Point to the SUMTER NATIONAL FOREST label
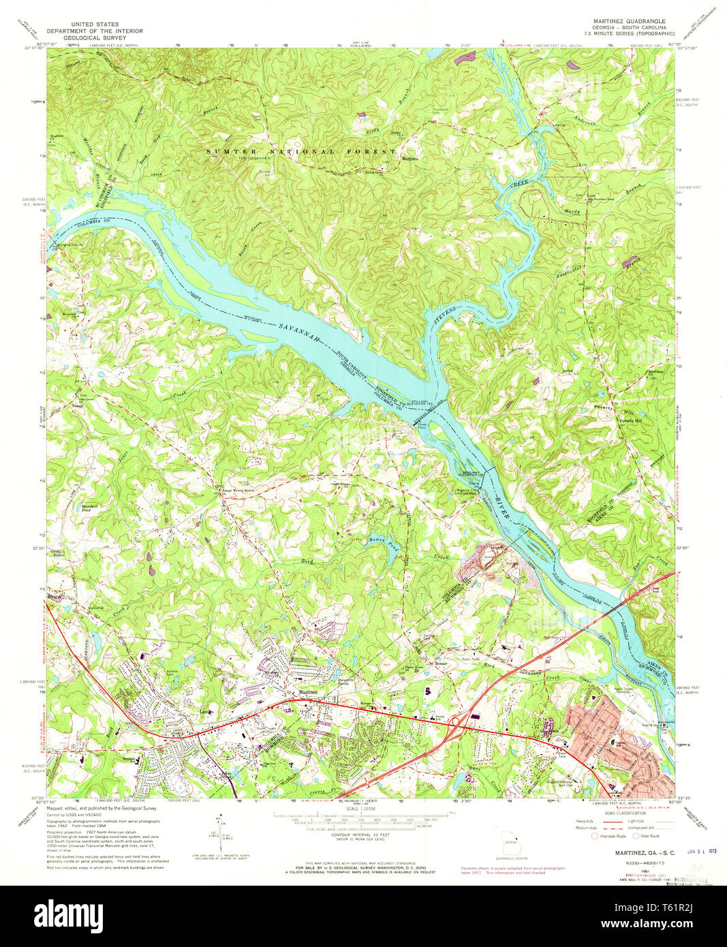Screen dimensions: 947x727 point(301,151)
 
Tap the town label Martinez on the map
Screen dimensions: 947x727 point(309,692)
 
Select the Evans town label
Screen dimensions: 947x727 point(55,597)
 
